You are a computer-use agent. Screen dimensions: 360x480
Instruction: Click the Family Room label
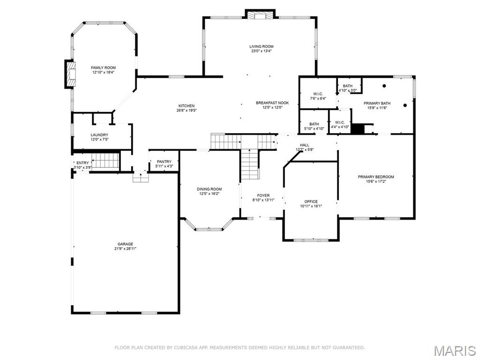[x=103, y=67]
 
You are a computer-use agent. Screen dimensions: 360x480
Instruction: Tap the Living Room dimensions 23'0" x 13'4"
[x=261, y=51]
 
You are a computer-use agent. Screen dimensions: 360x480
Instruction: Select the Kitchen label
[x=186, y=106]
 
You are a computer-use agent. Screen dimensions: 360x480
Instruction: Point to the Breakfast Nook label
[x=272, y=103]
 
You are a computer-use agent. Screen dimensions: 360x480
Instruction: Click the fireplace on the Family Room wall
[x=70, y=74]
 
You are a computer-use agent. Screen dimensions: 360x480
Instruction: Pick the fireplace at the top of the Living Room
[x=259, y=15]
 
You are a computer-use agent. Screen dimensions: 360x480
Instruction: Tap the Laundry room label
[x=99, y=135]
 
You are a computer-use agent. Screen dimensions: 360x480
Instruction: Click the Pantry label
[x=164, y=162]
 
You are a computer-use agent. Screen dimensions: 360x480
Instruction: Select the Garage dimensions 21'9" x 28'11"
[x=125, y=248]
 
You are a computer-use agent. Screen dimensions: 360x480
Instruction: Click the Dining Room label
[x=209, y=189]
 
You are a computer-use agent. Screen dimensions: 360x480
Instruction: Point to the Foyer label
[x=263, y=195]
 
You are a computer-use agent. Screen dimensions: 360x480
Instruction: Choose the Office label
[x=311, y=202]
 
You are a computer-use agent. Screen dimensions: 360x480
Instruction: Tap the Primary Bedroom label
[x=376, y=177]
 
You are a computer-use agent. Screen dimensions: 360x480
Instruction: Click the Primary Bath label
[x=377, y=103]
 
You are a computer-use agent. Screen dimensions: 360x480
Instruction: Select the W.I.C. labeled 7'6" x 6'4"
[x=318, y=94]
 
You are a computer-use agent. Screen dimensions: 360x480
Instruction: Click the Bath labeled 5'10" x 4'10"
[x=314, y=124]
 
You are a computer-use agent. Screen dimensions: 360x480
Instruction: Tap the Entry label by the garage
[x=82, y=163]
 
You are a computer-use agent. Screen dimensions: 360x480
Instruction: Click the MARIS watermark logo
[x=455, y=350]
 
